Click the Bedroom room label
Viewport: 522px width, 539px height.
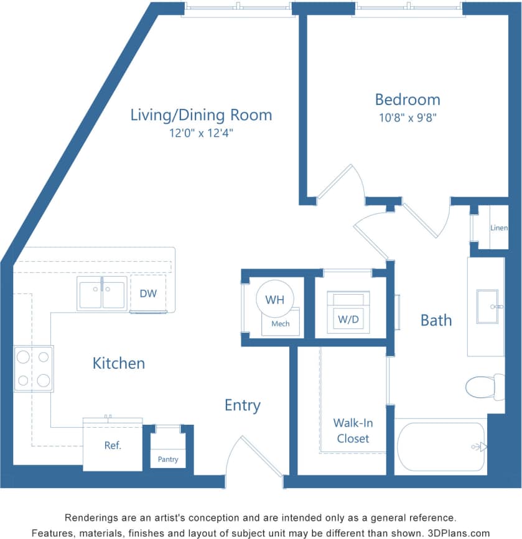[407, 99]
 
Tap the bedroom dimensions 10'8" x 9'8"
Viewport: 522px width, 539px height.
[407, 118]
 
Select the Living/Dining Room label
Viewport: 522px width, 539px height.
[201, 115]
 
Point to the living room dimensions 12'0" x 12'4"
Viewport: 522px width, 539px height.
[201, 132]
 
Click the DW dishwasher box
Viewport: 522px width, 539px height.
[147, 293]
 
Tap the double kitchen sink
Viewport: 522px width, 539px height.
[102, 293]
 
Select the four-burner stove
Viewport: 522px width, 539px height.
[34, 369]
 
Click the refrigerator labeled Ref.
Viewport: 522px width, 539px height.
[113, 446]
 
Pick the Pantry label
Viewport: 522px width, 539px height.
[168, 459]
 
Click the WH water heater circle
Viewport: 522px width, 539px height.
[275, 300]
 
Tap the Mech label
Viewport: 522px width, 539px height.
[280, 323]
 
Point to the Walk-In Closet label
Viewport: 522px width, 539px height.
[353, 430]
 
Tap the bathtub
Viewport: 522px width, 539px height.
[440, 447]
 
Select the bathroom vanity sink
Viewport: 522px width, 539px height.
[487, 306]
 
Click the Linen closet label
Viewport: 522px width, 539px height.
[498, 228]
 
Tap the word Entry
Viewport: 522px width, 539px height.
[242, 405]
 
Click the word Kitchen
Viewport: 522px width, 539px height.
[118, 363]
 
